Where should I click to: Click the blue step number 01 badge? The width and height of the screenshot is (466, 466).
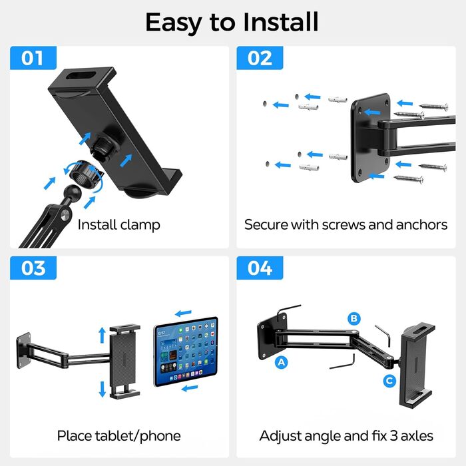pos(33,58)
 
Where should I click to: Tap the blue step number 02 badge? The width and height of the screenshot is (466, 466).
pos(260,58)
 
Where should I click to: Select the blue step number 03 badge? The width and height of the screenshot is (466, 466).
pos(33,268)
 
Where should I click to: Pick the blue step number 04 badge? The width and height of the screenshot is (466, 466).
pos(260,268)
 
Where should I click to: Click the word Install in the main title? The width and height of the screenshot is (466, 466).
pos(281,22)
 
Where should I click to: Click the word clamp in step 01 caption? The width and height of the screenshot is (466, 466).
pos(140,225)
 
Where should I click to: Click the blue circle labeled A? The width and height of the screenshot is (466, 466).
pos(281,362)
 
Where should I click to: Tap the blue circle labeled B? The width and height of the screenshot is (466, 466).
pos(354,319)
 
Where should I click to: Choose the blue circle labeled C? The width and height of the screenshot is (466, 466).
pos(389,381)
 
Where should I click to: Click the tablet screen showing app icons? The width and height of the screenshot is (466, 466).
pos(186,351)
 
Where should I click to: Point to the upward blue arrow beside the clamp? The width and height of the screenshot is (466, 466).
pos(103,335)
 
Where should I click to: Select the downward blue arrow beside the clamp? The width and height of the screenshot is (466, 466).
pos(103,389)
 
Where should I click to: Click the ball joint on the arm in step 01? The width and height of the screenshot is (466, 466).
pos(73,193)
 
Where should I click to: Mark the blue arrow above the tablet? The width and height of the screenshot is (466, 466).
pos(183,313)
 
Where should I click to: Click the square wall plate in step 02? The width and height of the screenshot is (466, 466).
pos(370,138)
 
